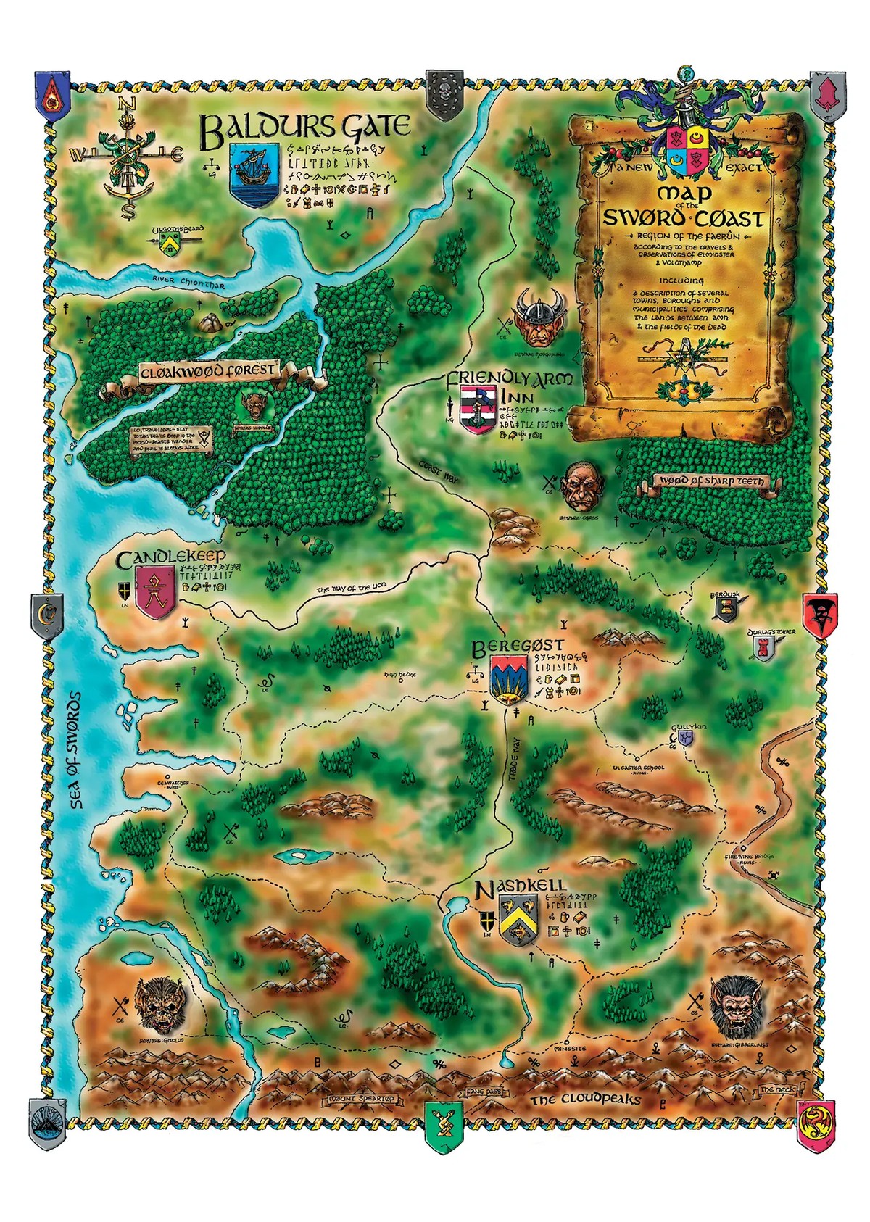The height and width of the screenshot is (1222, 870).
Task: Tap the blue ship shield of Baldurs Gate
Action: pos(254,172)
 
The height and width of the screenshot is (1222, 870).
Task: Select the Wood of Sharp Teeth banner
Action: pos(710,481)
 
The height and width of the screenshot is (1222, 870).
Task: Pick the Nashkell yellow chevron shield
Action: pos(518,919)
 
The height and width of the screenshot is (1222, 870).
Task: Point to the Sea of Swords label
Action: pos(75,750)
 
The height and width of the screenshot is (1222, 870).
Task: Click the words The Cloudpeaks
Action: pos(586,1100)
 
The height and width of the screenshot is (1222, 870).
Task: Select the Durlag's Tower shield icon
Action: pos(763,649)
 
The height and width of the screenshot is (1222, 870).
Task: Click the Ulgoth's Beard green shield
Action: pos(171,243)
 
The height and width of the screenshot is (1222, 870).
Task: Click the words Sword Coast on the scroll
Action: pos(684,218)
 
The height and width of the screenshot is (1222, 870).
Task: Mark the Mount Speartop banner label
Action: pos(361,1099)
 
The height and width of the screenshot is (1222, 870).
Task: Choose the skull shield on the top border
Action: pos(444,94)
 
